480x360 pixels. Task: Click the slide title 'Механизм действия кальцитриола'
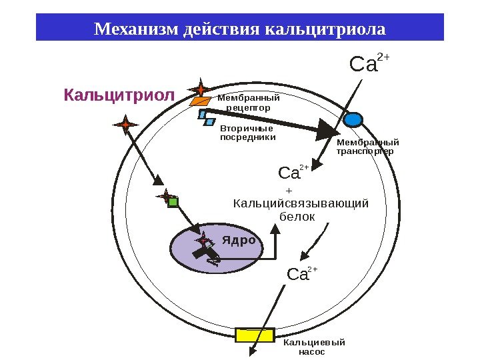click(x=239, y=29)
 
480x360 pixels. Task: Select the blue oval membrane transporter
click(x=352, y=120)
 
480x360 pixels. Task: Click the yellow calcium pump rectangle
click(x=255, y=335)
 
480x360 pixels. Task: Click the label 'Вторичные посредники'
click(x=247, y=133)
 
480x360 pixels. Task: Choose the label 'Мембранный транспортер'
click(x=367, y=147)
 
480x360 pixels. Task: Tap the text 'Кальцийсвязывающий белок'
click(x=301, y=209)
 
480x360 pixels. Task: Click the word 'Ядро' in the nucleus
click(x=239, y=239)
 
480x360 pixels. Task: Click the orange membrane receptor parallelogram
click(x=199, y=101)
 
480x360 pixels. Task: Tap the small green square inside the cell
click(x=173, y=202)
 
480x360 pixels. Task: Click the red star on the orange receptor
click(x=200, y=89)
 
